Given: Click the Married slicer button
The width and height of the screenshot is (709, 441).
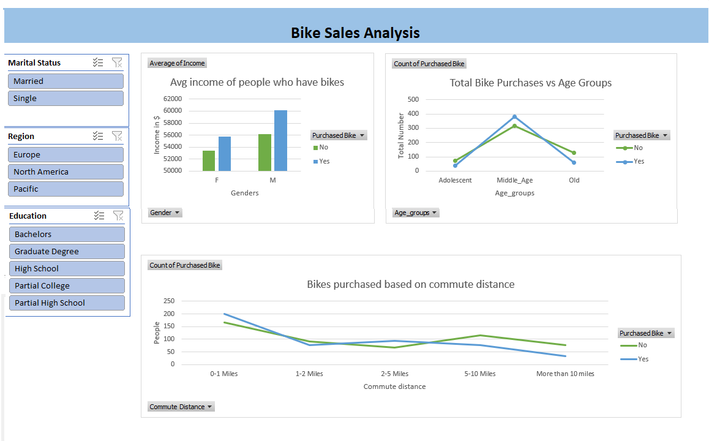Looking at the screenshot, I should [x=66, y=81].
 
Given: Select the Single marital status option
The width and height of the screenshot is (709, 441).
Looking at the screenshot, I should [x=66, y=98].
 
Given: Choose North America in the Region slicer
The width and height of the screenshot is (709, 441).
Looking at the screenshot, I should [x=66, y=171].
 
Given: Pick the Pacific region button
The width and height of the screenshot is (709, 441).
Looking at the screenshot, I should [x=66, y=189].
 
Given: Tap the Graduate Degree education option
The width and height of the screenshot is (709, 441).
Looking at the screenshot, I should [x=67, y=251].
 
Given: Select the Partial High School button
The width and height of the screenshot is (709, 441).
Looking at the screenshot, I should [x=67, y=303].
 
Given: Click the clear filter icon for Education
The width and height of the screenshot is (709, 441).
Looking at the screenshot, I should [x=118, y=216].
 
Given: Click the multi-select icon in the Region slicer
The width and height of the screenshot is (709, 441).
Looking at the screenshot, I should [x=98, y=136].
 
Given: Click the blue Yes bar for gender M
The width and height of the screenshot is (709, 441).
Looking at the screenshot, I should [x=280, y=140].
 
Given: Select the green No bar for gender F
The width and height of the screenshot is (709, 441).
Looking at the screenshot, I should [x=209, y=160].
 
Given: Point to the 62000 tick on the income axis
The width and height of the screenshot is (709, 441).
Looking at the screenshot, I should [x=172, y=99].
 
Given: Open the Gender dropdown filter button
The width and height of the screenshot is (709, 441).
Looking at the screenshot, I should [x=165, y=213].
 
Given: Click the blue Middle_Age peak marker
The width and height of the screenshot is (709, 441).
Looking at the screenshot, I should [x=514, y=116].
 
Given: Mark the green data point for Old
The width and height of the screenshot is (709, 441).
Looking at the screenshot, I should [x=574, y=153].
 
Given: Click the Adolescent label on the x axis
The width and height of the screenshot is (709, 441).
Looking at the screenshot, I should [x=455, y=181].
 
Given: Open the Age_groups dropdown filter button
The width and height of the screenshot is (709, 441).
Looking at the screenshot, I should [x=416, y=213].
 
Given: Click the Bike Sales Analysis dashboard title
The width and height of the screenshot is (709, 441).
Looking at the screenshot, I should [x=355, y=32].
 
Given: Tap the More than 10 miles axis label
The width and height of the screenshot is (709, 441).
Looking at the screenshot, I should [x=565, y=374].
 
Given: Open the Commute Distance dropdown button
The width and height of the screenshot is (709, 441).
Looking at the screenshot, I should [x=181, y=407].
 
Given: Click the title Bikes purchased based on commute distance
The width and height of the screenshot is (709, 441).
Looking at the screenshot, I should [x=410, y=284].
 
